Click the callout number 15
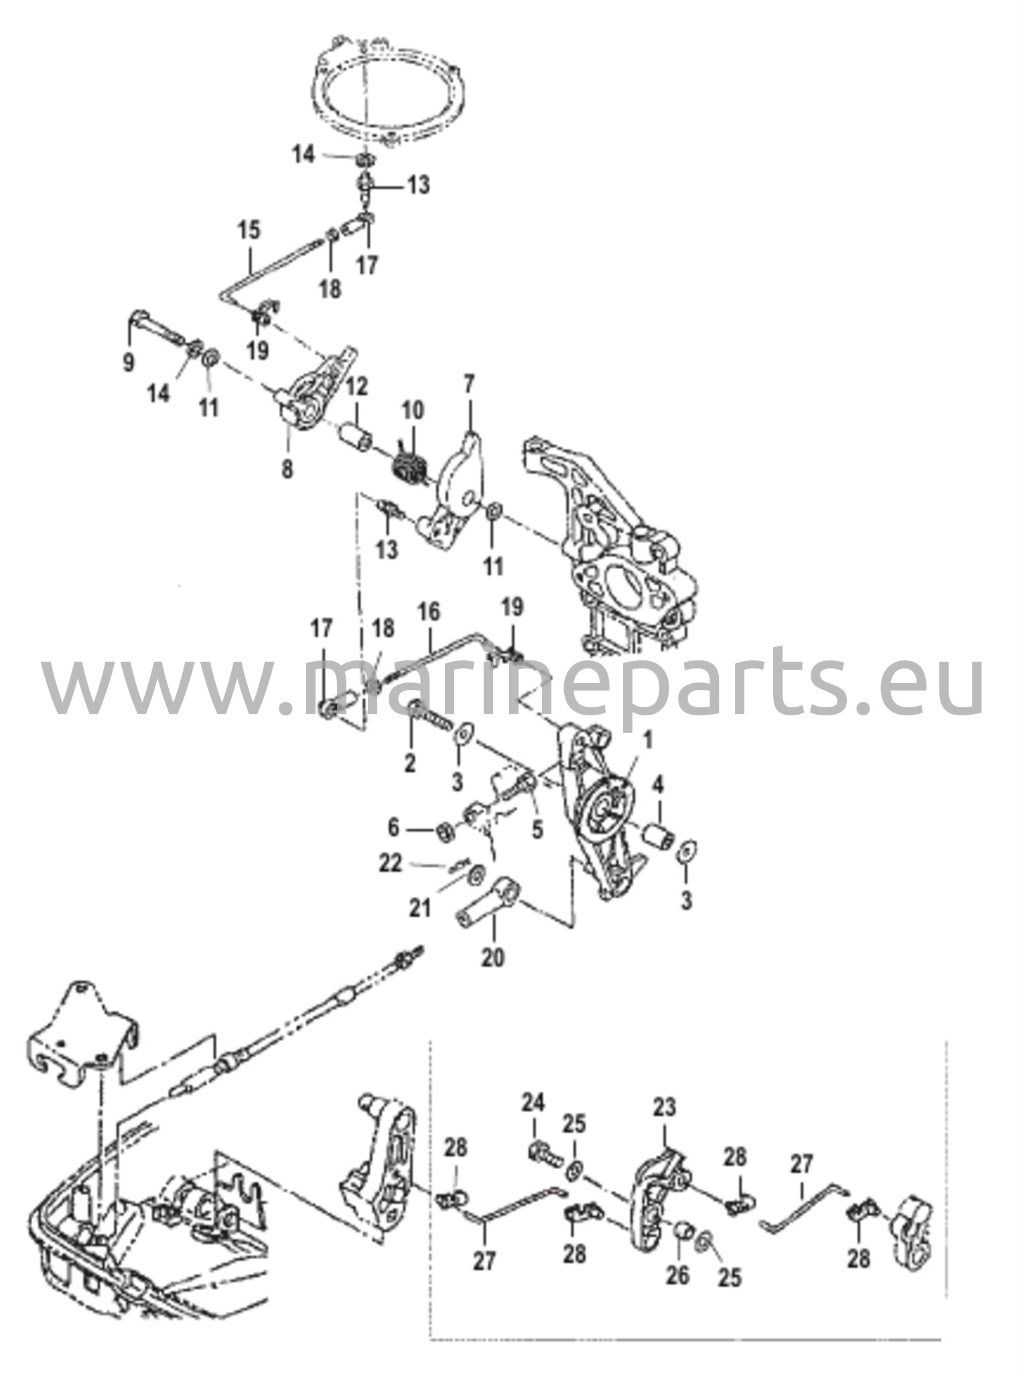pyautogui.click(x=250, y=231)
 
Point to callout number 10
pyautogui.click(x=413, y=410)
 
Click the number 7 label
pyautogui.click(x=468, y=385)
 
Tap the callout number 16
pyautogui.click(x=429, y=611)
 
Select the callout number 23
pyautogui.click(x=665, y=1108)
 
